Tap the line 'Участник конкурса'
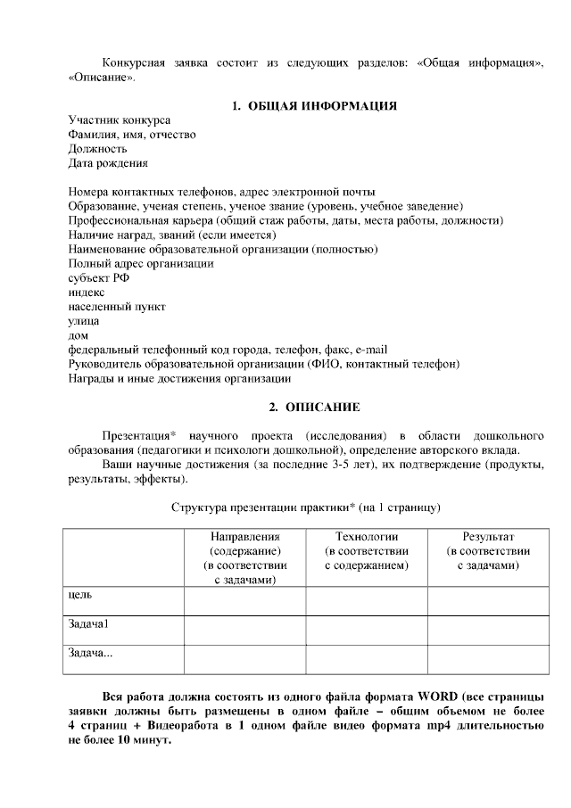click(x=120, y=120)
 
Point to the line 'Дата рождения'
click(x=108, y=163)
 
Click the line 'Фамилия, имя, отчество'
click(x=132, y=135)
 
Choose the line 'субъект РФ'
click(x=99, y=277)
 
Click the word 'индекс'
click(x=87, y=292)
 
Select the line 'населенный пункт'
click(x=117, y=306)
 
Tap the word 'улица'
click(x=84, y=320)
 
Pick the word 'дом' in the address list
click(x=79, y=334)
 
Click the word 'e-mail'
click(x=370, y=350)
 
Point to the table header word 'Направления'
click(x=244, y=537)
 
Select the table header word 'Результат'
click(x=487, y=537)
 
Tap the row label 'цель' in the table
click(x=80, y=594)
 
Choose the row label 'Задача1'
click(x=88, y=623)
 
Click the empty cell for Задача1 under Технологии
click(x=366, y=630)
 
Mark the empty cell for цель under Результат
click(x=488, y=600)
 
